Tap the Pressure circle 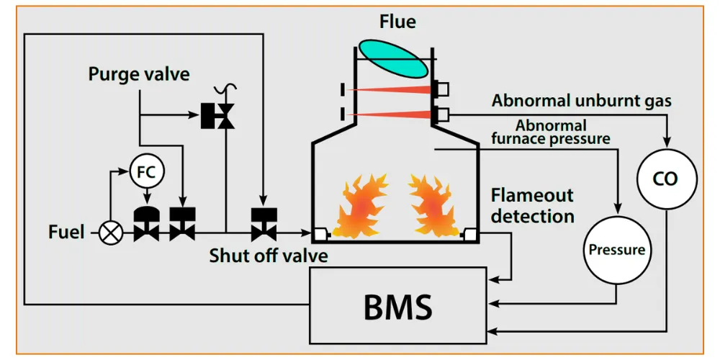[x=616, y=250]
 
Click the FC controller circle [x=147, y=171]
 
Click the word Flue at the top [x=397, y=22]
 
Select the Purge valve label [x=139, y=73]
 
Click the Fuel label [x=66, y=233]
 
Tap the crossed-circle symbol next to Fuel [x=111, y=233]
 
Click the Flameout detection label [x=532, y=205]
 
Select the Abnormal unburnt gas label [x=582, y=100]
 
